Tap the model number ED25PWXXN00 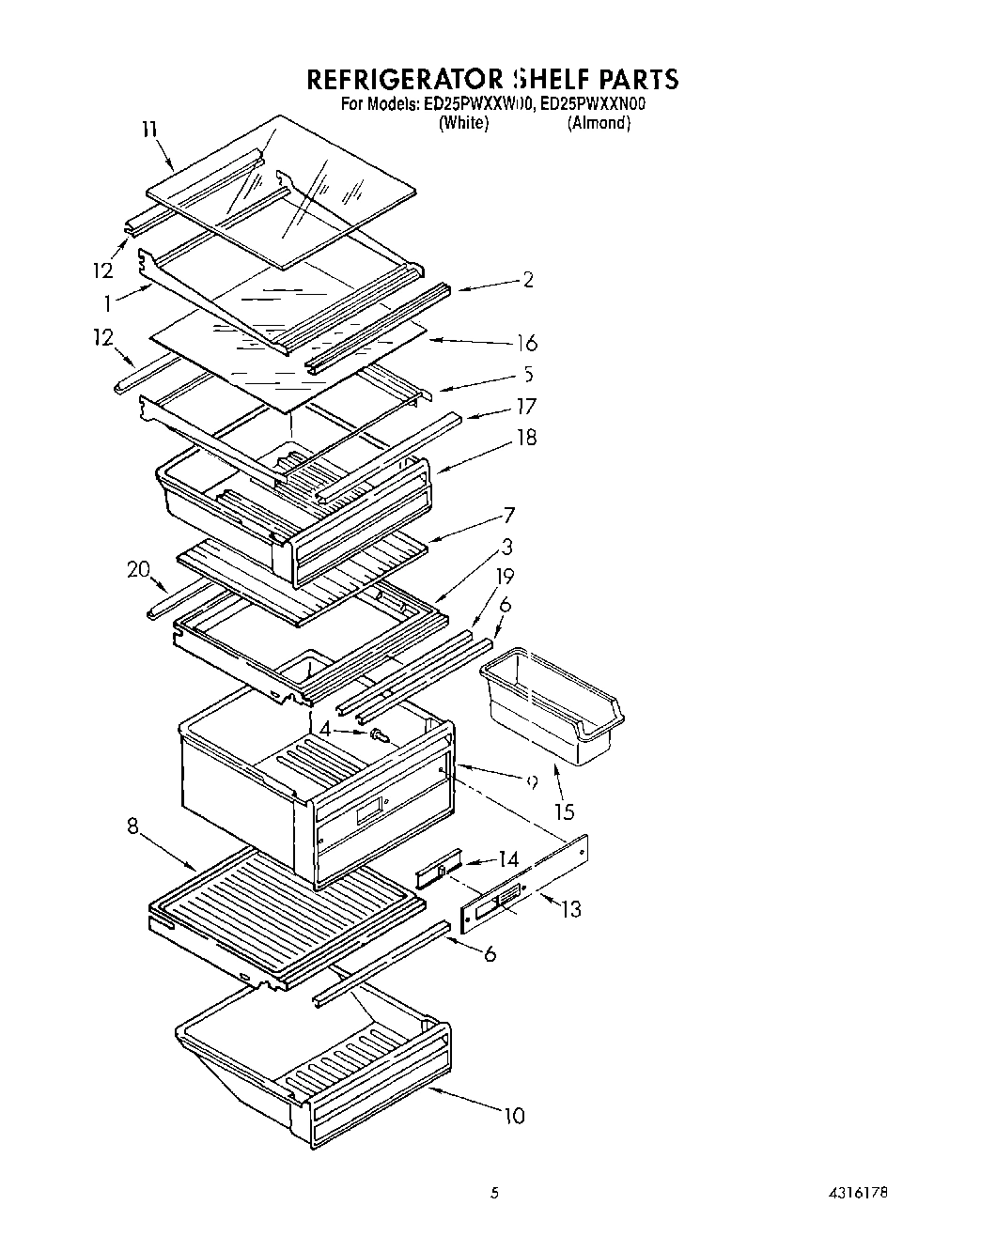[595, 104]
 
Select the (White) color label [463, 123]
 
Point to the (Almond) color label [599, 123]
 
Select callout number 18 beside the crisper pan [526, 438]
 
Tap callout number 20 [138, 569]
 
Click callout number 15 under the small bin [564, 811]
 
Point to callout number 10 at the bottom [514, 1116]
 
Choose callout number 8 [132, 827]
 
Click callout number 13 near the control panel [570, 909]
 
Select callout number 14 [508, 858]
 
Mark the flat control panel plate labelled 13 [526, 884]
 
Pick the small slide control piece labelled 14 [439, 873]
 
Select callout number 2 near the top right [528, 279]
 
